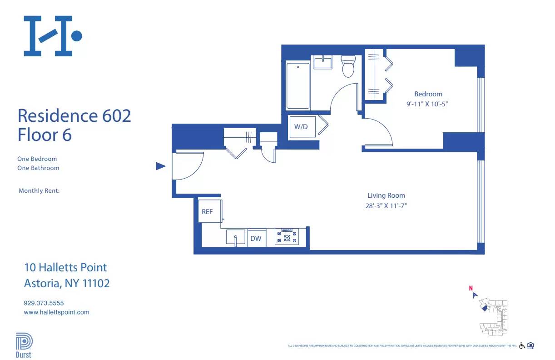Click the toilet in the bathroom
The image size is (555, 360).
(x=348, y=67)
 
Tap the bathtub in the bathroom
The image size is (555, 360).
(x=298, y=86)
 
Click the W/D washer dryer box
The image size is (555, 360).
(x=301, y=127)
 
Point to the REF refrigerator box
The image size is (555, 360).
(x=208, y=212)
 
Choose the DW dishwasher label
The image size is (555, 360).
(x=256, y=238)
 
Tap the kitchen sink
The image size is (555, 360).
(x=236, y=238)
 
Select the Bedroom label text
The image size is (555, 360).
(x=428, y=94)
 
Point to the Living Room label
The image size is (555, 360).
(x=386, y=195)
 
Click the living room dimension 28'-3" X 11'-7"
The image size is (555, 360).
(x=386, y=205)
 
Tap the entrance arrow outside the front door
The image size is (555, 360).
(x=160, y=166)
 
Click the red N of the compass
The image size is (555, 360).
(x=471, y=288)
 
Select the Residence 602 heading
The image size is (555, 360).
(x=74, y=115)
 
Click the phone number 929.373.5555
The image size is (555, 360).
(x=44, y=303)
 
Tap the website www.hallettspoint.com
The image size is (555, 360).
(x=56, y=312)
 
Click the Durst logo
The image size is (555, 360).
(x=24, y=345)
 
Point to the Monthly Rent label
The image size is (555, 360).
(x=39, y=191)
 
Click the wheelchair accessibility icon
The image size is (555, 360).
(x=522, y=346)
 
